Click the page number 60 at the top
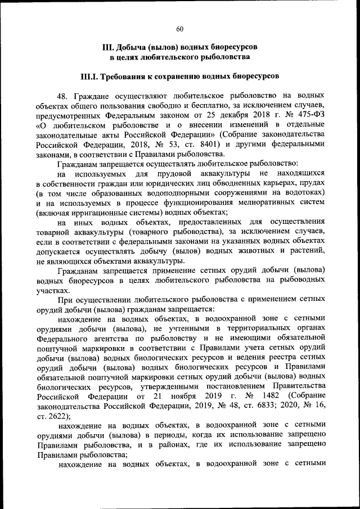pyautogui.click(x=179, y=29)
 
